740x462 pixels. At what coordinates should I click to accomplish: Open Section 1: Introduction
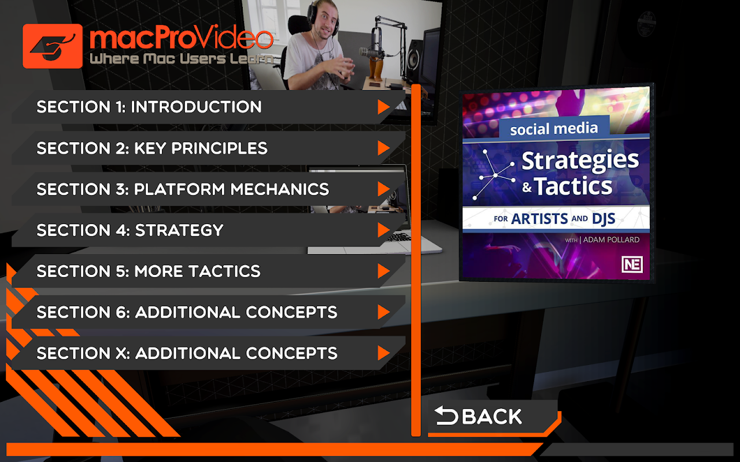pyautogui.click(x=149, y=107)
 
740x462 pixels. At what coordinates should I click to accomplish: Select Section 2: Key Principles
pyautogui.click(x=151, y=148)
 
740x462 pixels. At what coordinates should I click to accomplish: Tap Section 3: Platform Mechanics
pyautogui.click(x=183, y=189)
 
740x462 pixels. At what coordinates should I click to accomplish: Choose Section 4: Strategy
pyautogui.click(x=130, y=230)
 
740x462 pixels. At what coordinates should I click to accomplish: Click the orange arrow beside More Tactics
pyautogui.click(x=383, y=271)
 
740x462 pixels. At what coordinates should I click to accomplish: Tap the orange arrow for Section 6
pyautogui.click(x=383, y=312)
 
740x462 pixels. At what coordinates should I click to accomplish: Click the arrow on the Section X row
pyautogui.click(x=383, y=353)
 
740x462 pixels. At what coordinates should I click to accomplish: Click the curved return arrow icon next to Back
pyautogui.click(x=446, y=415)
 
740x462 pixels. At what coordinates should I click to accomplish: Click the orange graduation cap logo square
pyautogui.click(x=53, y=46)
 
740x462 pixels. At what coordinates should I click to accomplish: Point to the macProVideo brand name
pyautogui.click(x=182, y=39)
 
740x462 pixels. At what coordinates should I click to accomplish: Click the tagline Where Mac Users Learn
pyautogui.click(x=182, y=59)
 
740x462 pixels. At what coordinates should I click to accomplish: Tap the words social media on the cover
pyautogui.click(x=554, y=129)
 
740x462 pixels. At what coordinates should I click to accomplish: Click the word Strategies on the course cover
pyautogui.click(x=580, y=161)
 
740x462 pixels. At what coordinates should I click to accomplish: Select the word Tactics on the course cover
pyautogui.click(x=573, y=186)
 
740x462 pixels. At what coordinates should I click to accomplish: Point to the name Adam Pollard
pyautogui.click(x=611, y=240)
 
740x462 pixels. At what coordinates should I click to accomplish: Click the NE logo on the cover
pyautogui.click(x=632, y=264)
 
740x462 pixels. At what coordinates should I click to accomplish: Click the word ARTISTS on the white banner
pyautogui.click(x=539, y=219)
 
